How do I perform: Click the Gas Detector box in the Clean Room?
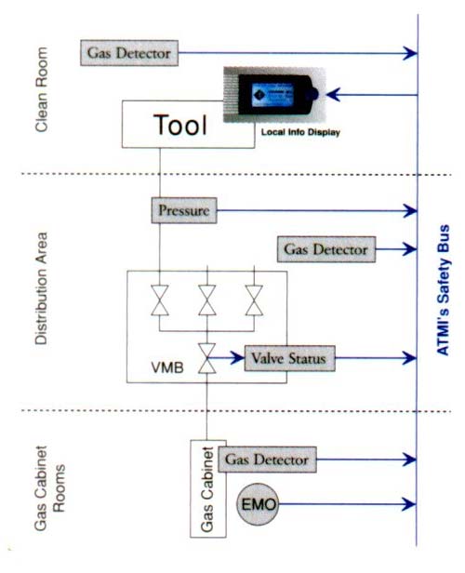129,53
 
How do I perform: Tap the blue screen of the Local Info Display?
272,95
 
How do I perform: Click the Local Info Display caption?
300,132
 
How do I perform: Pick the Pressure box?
184,210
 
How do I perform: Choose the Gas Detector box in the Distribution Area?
326,249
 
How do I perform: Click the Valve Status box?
289,358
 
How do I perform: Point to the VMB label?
167,367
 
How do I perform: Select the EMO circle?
258,504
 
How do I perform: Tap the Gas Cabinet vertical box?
207,488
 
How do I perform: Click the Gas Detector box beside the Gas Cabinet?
267,460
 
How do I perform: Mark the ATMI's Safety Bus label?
443,289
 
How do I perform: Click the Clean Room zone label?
41,89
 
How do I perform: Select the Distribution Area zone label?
41,288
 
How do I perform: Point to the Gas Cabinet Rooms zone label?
49,488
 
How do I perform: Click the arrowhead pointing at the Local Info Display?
333,95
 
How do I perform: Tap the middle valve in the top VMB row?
207,300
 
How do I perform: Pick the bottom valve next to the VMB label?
207,358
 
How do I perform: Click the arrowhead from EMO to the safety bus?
409,504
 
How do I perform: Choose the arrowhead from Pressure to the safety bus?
410,210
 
